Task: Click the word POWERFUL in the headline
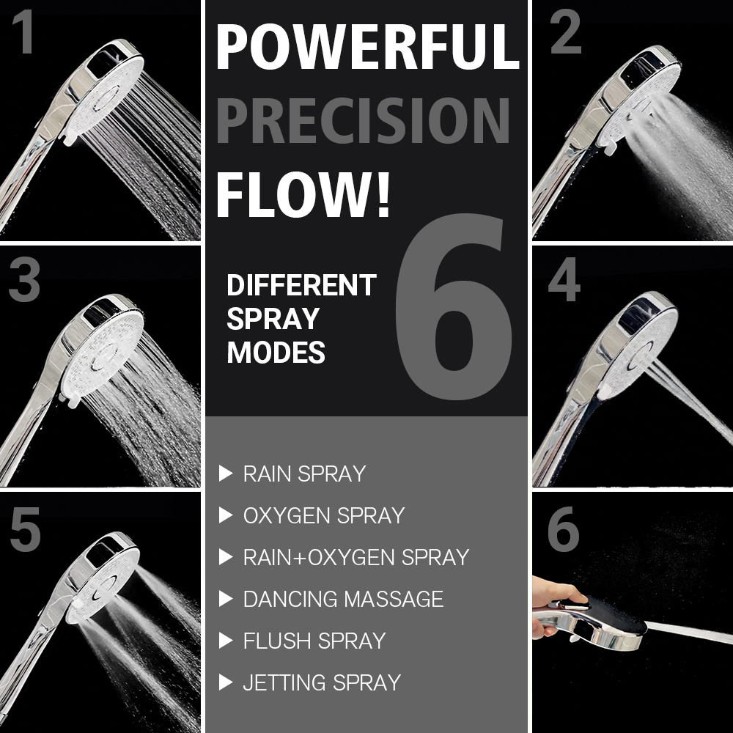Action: (x=368, y=47)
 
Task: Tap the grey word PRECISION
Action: (x=363, y=120)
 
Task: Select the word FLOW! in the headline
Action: (x=303, y=194)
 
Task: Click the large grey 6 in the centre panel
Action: (x=454, y=307)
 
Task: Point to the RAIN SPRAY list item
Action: (x=304, y=474)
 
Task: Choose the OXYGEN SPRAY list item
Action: (x=324, y=515)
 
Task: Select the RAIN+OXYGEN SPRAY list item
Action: (x=356, y=557)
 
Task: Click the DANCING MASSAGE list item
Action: (x=344, y=599)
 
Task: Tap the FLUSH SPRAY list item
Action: (x=314, y=641)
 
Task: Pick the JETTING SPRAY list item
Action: (x=322, y=682)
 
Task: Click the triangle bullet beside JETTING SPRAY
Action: (x=226, y=682)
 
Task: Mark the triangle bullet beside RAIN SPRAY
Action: (x=226, y=474)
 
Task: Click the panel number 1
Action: (x=23, y=32)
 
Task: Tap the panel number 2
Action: (x=566, y=32)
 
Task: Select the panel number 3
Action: (x=24, y=279)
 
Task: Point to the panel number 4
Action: (x=564, y=279)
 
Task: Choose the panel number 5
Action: (x=25, y=529)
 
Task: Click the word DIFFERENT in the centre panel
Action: (x=301, y=285)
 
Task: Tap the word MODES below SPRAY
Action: (x=276, y=353)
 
